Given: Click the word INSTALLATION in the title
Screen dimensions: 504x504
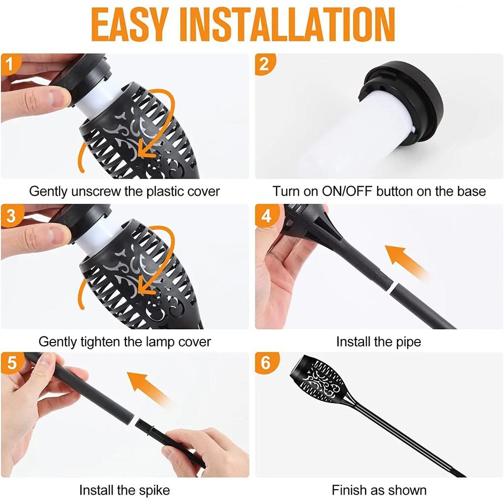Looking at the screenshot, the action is pyautogui.click(x=287, y=25).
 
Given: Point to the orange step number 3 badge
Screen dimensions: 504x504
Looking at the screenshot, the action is pyautogui.click(x=11, y=216).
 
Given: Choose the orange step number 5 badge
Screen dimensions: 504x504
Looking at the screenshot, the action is pyautogui.click(x=12, y=363).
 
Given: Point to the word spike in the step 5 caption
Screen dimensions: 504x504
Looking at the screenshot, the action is pyautogui.click(x=154, y=491).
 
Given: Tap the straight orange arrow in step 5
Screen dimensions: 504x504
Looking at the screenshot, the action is pyautogui.click(x=148, y=388).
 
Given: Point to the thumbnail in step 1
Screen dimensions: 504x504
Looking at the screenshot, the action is pyautogui.click(x=60, y=97).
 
